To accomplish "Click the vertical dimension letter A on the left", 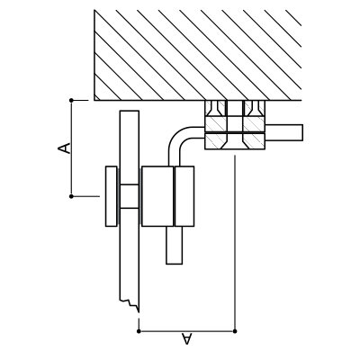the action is point(64,148).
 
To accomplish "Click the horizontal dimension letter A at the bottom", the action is point(186,338).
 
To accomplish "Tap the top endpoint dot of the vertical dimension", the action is point(71,100).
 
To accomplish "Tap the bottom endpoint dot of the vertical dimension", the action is point(71,196).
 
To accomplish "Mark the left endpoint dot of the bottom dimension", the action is point(139,331).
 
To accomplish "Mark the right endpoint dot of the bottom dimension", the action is point(235,331).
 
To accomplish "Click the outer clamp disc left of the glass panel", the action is point(112,196).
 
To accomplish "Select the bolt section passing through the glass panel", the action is point(130,196).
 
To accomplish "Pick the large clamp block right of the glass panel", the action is point(157,196).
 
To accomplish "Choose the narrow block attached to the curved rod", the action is point(184,196).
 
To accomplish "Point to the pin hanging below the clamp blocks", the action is point(175,246).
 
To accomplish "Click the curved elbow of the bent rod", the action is point(178,140).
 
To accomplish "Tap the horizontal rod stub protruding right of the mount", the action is point(283,132).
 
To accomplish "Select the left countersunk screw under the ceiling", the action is point(216,108).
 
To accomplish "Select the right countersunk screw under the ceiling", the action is point(254,108).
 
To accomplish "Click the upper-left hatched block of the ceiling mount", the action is point(216,124).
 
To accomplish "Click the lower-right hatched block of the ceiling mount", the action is point(254,141).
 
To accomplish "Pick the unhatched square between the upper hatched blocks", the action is point(235,124).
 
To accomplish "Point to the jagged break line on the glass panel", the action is point(130,304).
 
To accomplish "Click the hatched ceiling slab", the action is point(198,55).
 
